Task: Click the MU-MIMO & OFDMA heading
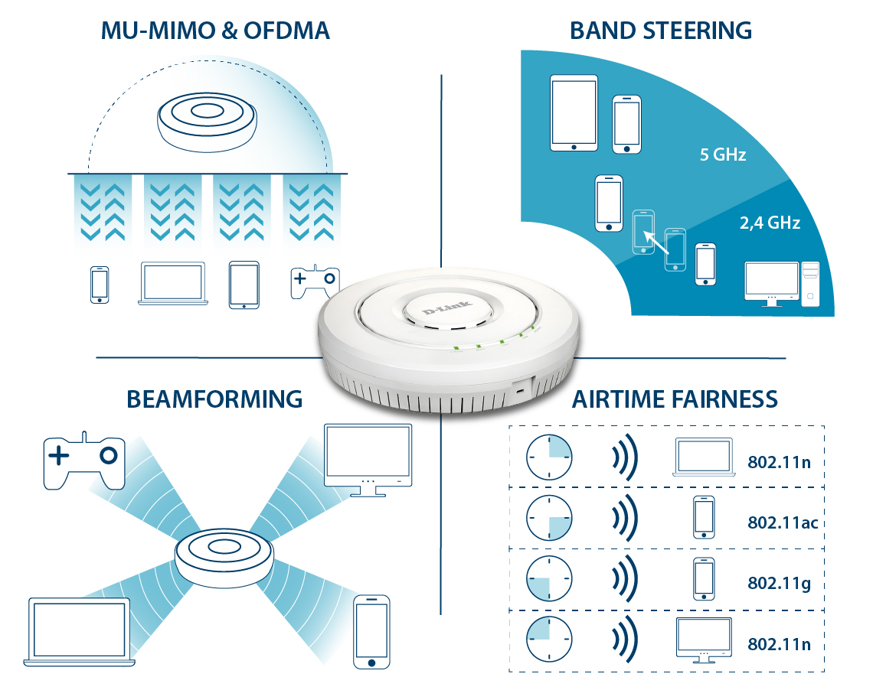(215, 31)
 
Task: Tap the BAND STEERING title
(660, 31)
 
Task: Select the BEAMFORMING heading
(214, 399)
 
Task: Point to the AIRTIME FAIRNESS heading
(675, 399)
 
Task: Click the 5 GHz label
(723, 155)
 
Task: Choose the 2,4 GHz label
(770, 223)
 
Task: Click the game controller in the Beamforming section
(83, 461)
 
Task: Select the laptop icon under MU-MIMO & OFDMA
(173, 284)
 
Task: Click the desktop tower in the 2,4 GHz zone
(810, 284)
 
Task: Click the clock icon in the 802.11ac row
(549, 518)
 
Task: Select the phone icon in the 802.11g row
(703, 578)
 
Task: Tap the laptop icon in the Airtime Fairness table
(704, 457)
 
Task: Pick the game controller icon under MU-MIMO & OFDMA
(314, 282)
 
